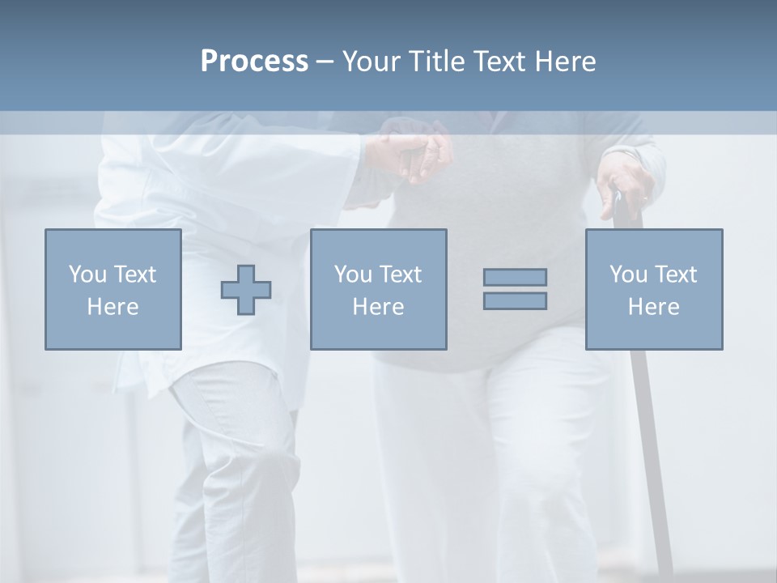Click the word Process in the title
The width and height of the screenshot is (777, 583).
(254, 62)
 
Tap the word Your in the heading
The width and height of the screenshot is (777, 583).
(372, 62)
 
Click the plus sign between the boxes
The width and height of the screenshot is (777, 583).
(246, 290)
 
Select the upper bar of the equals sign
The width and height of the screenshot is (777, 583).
(515, 277)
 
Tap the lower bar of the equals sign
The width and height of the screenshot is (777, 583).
(515, 300)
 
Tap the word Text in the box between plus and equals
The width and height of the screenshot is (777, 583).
(401, 274)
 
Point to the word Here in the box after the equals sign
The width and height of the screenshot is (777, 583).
(654, 307)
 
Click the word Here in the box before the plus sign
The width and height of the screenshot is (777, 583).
(113, 307)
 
